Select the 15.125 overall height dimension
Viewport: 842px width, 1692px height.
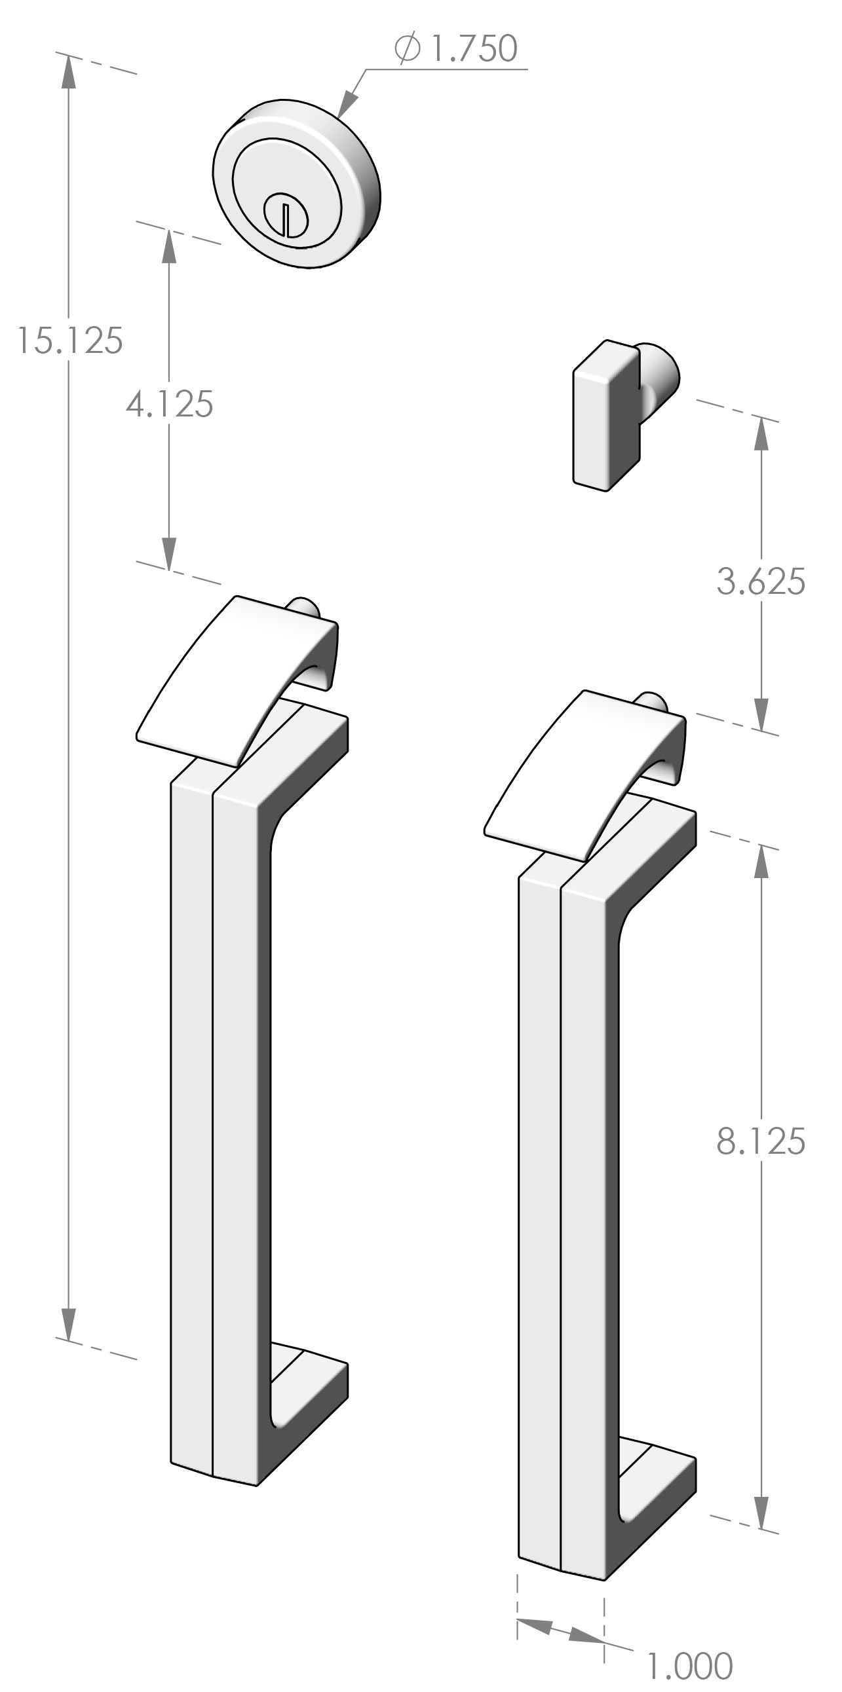pyautogui.click(x=69, y=340)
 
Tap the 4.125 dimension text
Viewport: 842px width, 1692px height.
pyautogui.click(x=170, y=404)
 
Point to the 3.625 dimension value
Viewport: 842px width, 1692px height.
pyautogui.click(x=761, y=583)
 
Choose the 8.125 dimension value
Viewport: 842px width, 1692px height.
pyautogui.click(x=761, y=1141)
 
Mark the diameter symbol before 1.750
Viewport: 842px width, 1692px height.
pyautogui.click(x=407, y=49)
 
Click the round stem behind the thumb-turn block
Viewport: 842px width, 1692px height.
pyautogui.click(x=660, y=375)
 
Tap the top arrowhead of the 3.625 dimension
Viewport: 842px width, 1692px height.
pyautogui.click(x=761, y=433)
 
